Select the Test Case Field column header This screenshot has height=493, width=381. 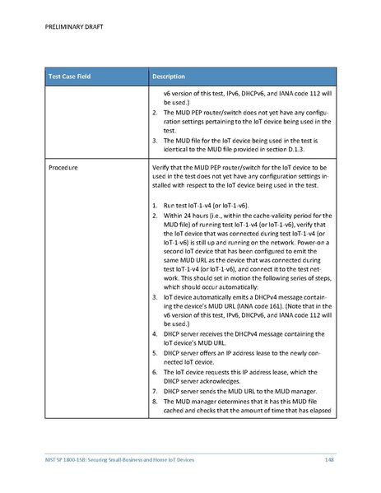coord(70,77)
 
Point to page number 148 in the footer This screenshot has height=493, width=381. coord(329,458)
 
